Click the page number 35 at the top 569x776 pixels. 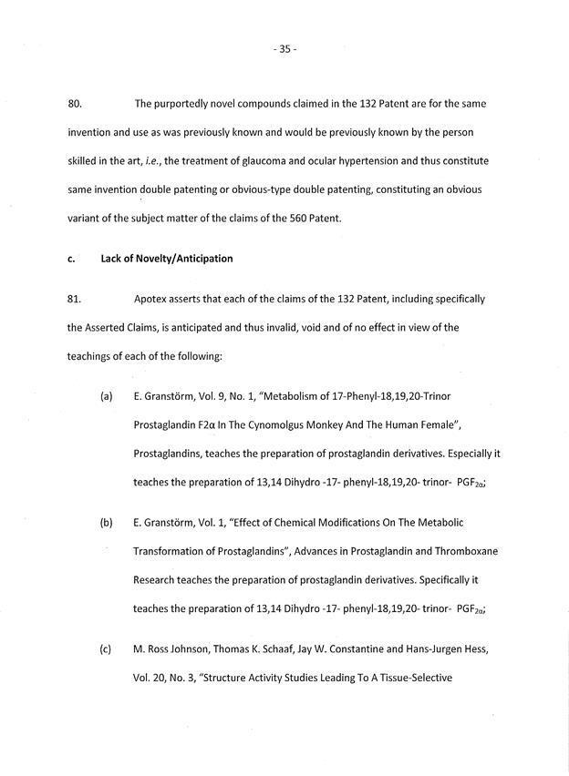pos(284,49)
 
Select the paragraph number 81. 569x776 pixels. pos(76,299)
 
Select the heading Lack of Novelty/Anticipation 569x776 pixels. pos(167,258)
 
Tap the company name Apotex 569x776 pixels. pos(150,299)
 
